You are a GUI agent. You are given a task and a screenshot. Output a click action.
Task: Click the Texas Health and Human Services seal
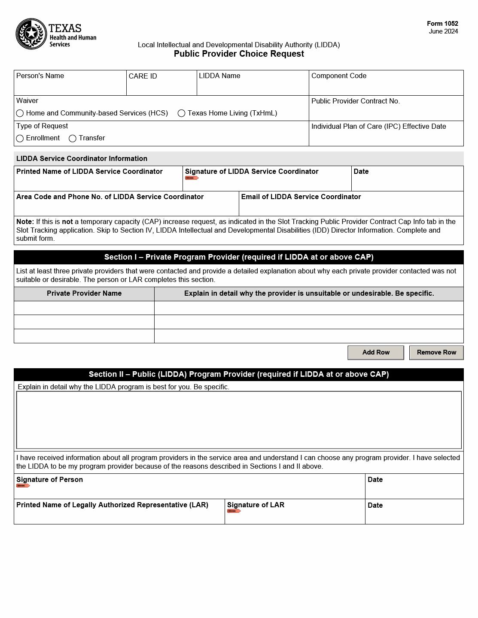click(x=31, y=34)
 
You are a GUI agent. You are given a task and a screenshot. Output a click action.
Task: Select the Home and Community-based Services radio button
click(x=20, y=113)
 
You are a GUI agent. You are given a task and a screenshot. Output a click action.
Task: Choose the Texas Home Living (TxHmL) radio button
click(x=181, y=113)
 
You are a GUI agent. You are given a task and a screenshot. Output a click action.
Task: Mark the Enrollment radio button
click(x=20, y=138)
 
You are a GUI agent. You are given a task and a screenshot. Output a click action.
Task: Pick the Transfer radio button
click(x=73, y=138)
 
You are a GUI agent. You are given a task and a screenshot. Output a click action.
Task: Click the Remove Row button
click(x=436, y=352)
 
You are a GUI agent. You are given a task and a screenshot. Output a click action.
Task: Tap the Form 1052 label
click(x=442, y=24)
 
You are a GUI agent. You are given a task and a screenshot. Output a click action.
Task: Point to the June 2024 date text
click(x=443, y=31)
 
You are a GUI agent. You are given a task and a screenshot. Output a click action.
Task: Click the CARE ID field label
click(x=143, y=76)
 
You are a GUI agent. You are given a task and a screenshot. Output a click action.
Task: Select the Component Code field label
click(x=338, y=76)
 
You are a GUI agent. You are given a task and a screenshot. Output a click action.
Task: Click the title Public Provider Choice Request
click(x=239, y=54)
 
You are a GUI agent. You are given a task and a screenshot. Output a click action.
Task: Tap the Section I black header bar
click(x=239, y=257)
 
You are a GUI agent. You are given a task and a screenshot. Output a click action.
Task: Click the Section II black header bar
click(x=239, y=374)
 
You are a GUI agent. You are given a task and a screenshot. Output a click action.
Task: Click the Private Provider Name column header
click(x=84, y=294)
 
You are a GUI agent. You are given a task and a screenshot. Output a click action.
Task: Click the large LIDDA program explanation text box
click(x=239, y=420)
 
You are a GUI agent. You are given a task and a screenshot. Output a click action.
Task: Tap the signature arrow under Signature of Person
click(x=23, y=486)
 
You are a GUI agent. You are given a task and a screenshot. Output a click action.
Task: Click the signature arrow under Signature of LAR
click(x=234, y=511)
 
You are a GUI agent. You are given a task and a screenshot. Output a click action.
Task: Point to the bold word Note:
click(x=25, y=222)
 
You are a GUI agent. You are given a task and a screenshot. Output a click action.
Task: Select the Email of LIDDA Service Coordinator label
click(x=301, y=197)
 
